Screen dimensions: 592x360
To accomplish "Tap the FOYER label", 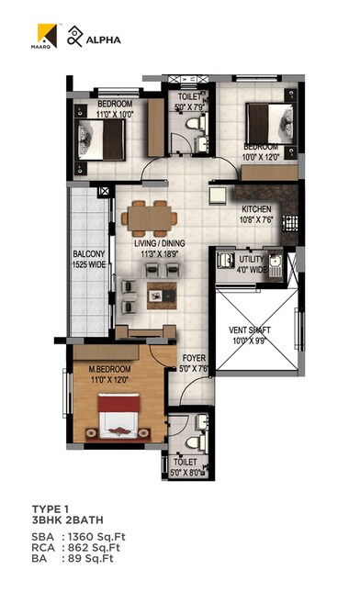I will pos(195,360).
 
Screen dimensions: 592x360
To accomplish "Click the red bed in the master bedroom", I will pos(118,417).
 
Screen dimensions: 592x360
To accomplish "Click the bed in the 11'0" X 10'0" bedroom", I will pos(110,140).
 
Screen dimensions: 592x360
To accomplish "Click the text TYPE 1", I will pos(50,508).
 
